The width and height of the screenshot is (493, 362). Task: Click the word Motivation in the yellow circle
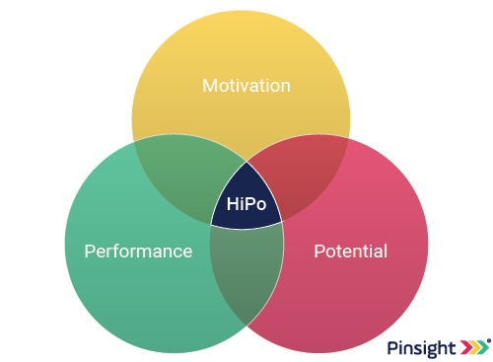[x=246, y=86]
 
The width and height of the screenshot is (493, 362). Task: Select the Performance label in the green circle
[x=138, y=251]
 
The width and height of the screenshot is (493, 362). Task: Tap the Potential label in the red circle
[x=350, y=251]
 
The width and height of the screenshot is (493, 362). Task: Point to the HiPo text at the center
[x=246, y=205]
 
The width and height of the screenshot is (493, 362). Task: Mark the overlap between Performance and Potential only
[x=246, y=271]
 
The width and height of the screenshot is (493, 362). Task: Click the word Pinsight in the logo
[x=421, y=348]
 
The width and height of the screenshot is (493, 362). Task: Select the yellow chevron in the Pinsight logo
[x=475, y=348]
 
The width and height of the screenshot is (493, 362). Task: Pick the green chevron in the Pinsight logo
[x=484, y=348]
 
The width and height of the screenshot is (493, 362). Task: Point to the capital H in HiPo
[x=233, y=205]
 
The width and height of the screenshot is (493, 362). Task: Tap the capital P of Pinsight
[x=392, y=348]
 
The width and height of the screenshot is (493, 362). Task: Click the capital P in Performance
[x=90, y=251]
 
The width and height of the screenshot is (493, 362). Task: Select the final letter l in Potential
[x=385, y=251]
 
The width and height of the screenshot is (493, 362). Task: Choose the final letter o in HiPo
[x=261, y=205]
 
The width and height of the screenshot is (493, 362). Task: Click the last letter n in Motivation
[x=285, y=87]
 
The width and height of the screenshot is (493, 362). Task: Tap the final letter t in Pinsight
[x=453, y=348]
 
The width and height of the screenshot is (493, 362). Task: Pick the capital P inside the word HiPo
[x=249, y=205]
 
